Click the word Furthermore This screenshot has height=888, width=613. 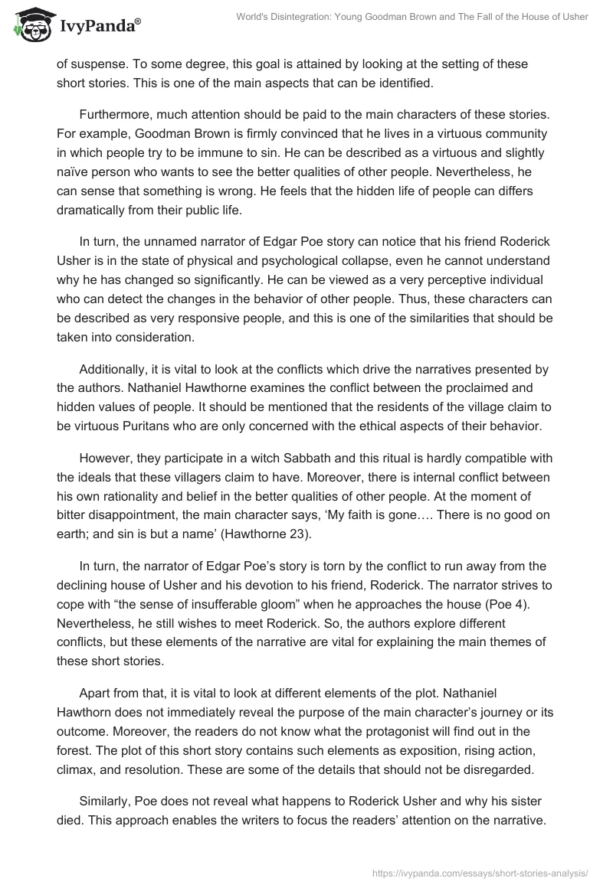pos(114,115)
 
